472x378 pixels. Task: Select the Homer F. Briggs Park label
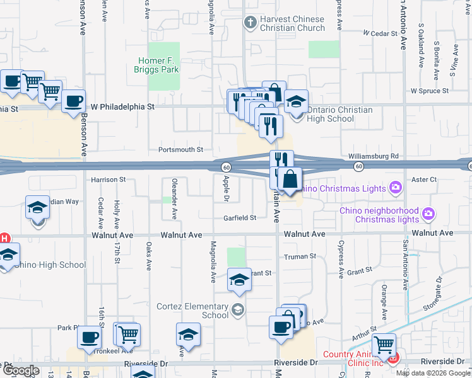coord(158,66)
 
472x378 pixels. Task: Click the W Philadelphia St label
coord(122,107)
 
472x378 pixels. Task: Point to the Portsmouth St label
coord(180,150)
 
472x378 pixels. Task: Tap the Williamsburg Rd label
coord(374,156)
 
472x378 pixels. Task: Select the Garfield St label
coord(240,218)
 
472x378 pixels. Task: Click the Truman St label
coord(299,256)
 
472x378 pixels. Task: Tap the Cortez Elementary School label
coord(192,311)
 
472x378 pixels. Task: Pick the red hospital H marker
coord(4,239)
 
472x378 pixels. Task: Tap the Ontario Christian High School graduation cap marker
coord(296,101)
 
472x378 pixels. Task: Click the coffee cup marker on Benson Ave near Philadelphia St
coord(74,101)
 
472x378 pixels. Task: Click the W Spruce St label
coord(429,91)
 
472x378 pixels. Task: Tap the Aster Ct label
coord(424,180)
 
